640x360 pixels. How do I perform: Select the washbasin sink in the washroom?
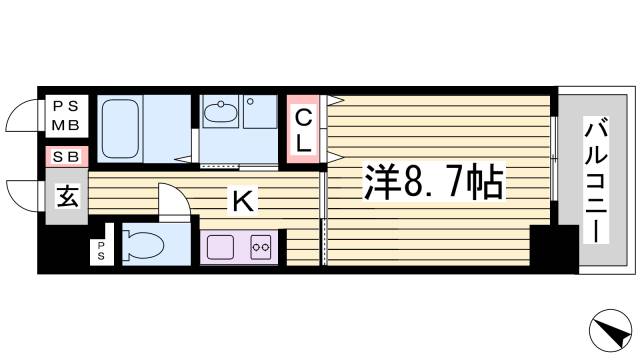pos(220,115)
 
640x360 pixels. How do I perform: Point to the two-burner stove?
pos(262,245)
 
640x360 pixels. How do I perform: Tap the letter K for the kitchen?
pos(241,201)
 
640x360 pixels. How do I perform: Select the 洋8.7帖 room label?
pos(431,181)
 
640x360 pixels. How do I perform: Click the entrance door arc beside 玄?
pos(22,196)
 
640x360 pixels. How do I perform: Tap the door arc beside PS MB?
pos(22,118)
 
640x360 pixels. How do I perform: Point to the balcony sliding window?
pos(553,161)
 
